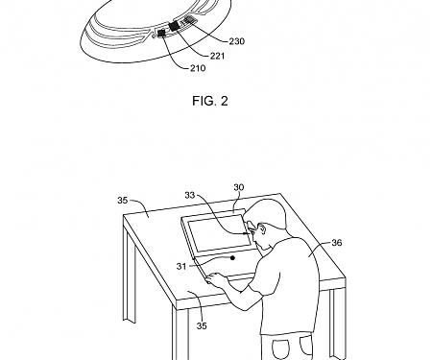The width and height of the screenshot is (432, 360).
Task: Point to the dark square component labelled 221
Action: point(176,25)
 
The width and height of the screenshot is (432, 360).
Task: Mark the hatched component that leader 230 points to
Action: point(190,19)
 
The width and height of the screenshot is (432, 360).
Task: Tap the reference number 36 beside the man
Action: point(336,245)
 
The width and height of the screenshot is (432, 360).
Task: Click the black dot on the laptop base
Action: point(233,256)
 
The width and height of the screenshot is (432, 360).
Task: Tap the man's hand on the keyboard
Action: point(218,278)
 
